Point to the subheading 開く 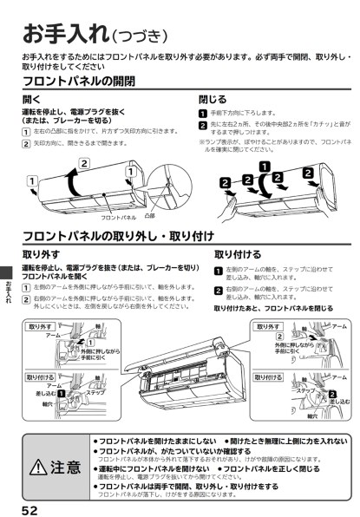point(31,100)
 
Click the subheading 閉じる point(213,100)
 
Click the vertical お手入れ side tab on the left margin point(8,291)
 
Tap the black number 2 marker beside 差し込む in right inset point(331,395)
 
